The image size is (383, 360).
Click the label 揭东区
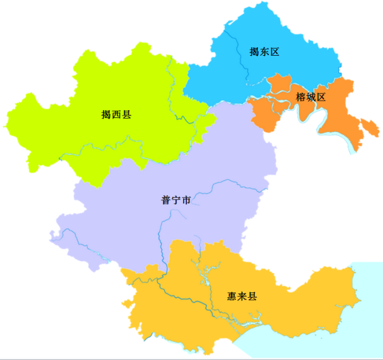[265, 52]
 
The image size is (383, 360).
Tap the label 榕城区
[311, 97]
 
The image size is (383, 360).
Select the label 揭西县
[116, 114]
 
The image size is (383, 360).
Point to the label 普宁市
[176, 200]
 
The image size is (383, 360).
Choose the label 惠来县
[242, 297]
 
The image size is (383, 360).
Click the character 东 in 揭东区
[265, 52]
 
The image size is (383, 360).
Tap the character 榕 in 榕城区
[300, 97]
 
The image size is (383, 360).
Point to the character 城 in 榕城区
[311, 97]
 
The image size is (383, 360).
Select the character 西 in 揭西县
[116, 114]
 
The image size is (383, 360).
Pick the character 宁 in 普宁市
[176, 200]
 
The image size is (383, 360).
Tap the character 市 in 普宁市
[186, 200]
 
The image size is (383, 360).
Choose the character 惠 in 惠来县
[232, 297]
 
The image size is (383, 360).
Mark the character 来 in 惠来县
[242, 297]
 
